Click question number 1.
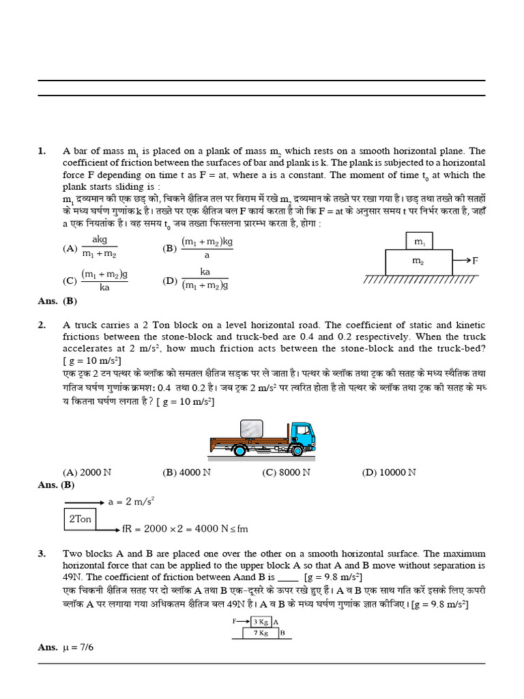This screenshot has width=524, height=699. [42, 151]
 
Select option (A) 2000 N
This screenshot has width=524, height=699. [83, 472]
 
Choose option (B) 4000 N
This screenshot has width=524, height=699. [186, 472]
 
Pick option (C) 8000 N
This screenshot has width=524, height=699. [287, 472]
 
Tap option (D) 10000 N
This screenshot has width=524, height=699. [388, 472]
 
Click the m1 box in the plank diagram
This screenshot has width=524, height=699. [419, 242]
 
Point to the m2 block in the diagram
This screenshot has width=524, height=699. [418, 261]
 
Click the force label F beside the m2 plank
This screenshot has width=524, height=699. [475, 261]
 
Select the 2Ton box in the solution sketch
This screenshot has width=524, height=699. [80, 519]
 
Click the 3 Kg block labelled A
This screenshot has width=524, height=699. [260, 622]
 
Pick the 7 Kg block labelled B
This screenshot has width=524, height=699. [260, 633]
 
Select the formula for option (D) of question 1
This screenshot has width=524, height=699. [205, 279]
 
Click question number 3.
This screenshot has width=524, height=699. [42, 554]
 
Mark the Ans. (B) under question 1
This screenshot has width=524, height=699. [57, 300]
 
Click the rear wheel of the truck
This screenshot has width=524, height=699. [240, 451]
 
